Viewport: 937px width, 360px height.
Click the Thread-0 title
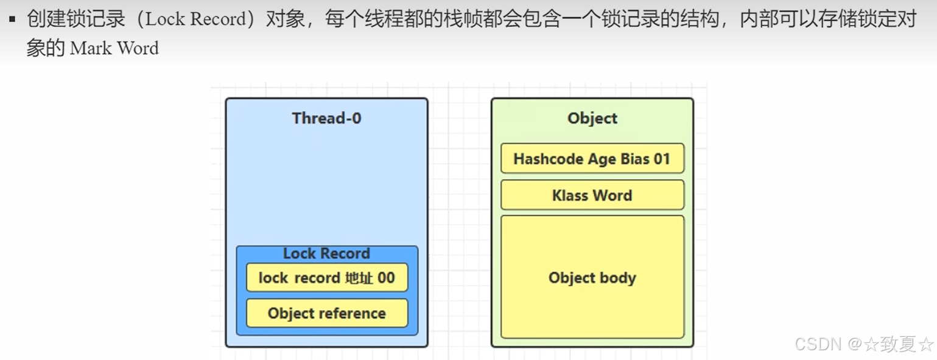tap(326, 118)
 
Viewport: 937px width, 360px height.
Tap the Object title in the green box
tap(592, 118)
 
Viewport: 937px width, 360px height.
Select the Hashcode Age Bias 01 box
tap(592, 159)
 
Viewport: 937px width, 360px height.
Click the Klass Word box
tap(592, 196)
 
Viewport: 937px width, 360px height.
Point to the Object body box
tap(592, 278)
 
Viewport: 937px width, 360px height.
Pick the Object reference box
tap(326, 314)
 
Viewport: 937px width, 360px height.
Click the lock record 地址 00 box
tap(326, 278)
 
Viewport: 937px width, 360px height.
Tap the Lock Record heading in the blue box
tap(326, 253)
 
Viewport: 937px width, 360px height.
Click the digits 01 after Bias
tap(662, 159)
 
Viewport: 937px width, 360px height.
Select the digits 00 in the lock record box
tap(386, 278)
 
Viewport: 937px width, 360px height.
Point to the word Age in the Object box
tap(602, 160)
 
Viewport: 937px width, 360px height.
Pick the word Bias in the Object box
tap(634, 159)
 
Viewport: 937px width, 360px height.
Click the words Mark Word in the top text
tap(114, 49)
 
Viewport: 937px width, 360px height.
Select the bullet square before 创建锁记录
tap(12, 19)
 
